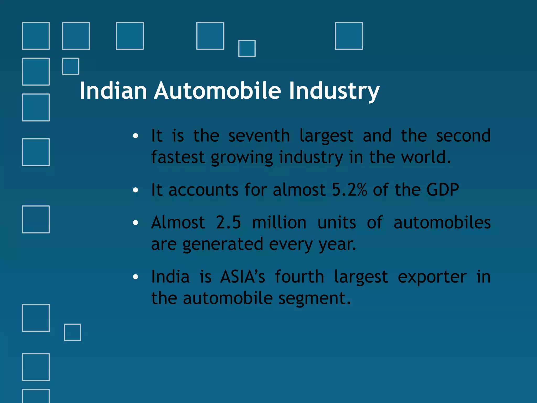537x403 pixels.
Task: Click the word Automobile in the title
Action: coord(217,91)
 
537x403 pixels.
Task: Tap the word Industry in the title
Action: coord(334,91)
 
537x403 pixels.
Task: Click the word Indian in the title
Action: coord(113,91)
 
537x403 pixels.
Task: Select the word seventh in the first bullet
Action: coord(259,136)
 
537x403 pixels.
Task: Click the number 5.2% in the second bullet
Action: coord(349,189)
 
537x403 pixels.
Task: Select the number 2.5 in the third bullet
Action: coord(228,222)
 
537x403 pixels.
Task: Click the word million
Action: coord(279,222)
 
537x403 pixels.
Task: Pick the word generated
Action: coord(223,244)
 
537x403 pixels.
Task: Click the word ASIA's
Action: coord(243,277)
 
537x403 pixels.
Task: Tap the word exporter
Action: coord(432,277)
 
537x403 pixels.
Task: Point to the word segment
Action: coord(314,298)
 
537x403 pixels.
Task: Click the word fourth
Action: coord(299,277)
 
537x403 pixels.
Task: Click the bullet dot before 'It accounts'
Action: coord(135,190)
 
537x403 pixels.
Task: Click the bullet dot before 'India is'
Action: coord(135,277)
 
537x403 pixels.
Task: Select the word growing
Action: coord(242,158)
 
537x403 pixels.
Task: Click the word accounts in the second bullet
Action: coord(203,189)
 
